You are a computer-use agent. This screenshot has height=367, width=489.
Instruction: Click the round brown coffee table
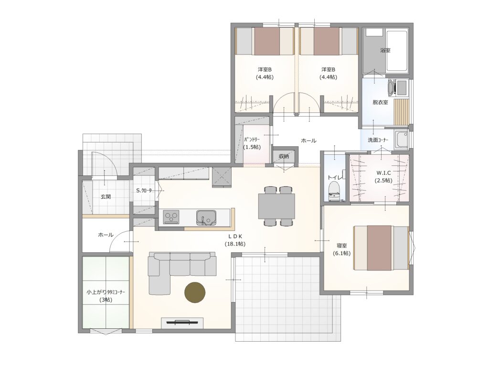point(195,292)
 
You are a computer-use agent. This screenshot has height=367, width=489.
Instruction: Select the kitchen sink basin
point(206,217)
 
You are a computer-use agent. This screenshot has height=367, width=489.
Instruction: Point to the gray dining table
point(276,206)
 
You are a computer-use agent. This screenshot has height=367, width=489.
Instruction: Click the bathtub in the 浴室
point(397,51)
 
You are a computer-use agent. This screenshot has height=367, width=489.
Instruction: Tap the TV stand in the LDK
point(182,323)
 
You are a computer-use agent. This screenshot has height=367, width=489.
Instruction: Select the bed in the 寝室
point(381,248)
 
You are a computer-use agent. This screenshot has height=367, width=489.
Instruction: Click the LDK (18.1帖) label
point(235,240)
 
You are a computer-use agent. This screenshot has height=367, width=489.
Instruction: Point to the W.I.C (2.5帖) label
point(383,177)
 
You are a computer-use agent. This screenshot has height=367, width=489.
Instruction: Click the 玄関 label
point(106,196)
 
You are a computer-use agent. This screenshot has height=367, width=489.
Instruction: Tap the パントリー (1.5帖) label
point(252,143)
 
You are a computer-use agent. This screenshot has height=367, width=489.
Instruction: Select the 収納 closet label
point(284,156)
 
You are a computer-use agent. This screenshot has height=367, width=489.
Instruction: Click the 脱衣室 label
point(380,102)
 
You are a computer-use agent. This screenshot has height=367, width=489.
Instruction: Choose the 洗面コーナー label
point(378,140)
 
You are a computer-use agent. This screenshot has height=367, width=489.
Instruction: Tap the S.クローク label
point(144,190)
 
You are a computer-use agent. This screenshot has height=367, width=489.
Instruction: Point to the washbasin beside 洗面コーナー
point(401,140)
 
